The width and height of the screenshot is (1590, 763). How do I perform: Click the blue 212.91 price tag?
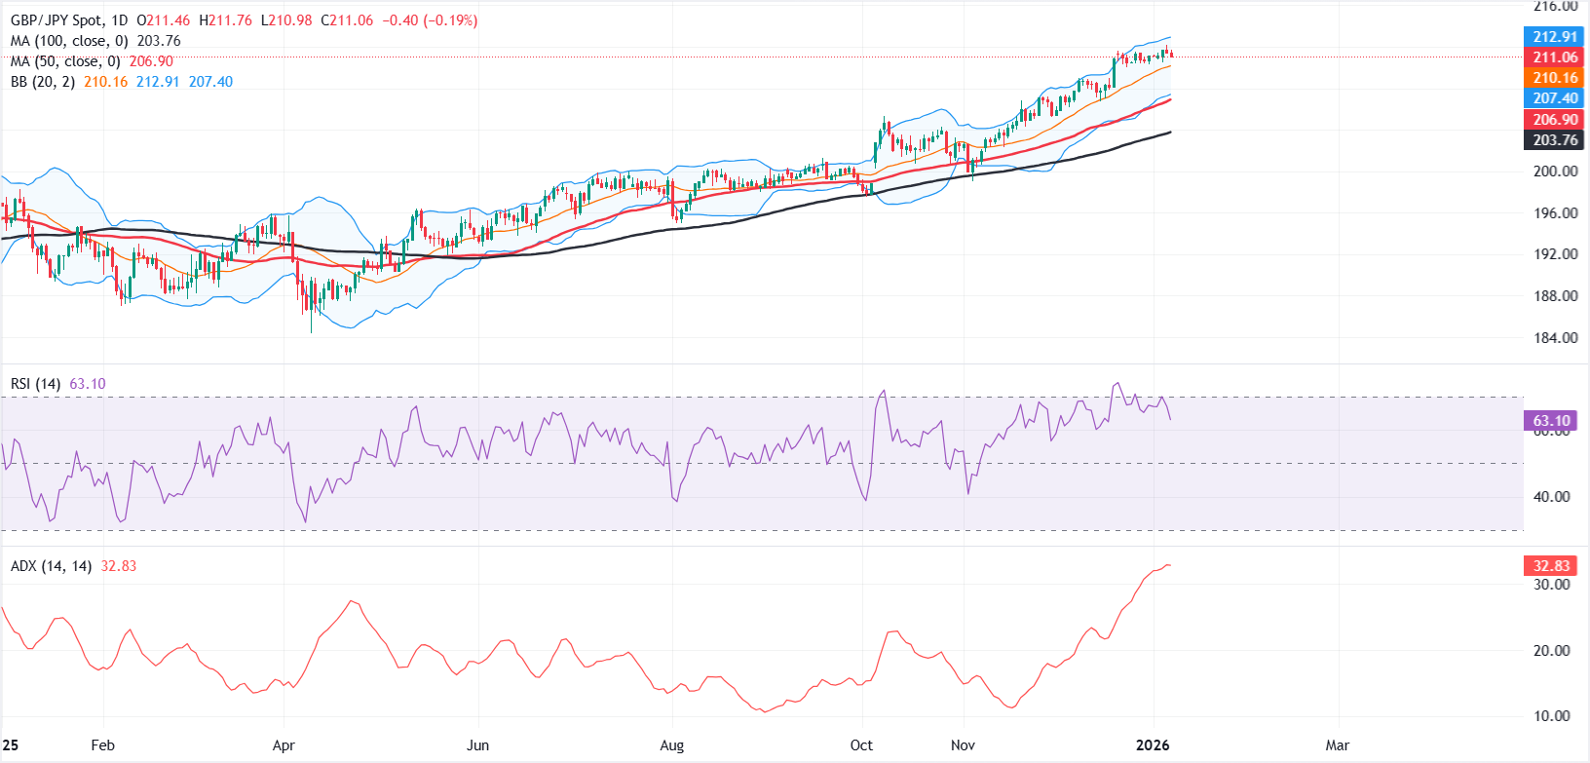[x=1554, y=37]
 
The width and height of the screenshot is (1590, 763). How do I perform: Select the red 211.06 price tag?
[x=1554, y=57]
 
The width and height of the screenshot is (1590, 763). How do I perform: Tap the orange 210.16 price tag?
[x=1554, y=78]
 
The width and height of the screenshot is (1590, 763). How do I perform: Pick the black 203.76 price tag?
[x=1554, y=140]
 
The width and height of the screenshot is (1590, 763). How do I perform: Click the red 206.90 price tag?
[x=1554, y=120]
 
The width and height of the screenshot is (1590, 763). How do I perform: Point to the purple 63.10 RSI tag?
[x=1551, y=421]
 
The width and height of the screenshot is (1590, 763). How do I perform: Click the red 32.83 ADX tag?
[x=1551, y=566]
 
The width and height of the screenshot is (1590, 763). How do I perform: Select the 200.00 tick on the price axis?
[x=1555, y=172]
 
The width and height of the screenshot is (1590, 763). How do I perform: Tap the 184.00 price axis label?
[x=1555, y=338]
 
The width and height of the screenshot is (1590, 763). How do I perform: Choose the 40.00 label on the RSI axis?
[x=1551, y=497]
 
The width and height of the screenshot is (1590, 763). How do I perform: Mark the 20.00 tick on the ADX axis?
[x=1551, y=651]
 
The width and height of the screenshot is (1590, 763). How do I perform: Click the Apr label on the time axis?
[x=284, y=745]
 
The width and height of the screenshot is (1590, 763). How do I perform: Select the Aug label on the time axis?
[x=671, y=745]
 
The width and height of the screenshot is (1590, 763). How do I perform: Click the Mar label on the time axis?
[x=1338, y=745]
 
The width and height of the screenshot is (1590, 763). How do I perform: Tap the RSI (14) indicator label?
[x=35, y=384]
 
